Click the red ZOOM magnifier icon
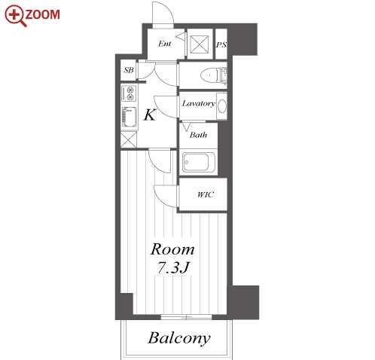(x=14, y=16)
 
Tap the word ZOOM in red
(x=43, y=14)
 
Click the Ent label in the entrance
(x=165, y=44)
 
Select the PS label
(x=221, y=45)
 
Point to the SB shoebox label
(x=129, y=70)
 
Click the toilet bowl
(x=209, y=75)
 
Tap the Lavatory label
(x=198, y=103)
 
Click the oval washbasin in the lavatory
(x=222, y=106)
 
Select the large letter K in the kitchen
(x=150, y=115)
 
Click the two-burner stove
(x=129, y=93)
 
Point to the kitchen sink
(x=130, y=117)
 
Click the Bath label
(x=198, y=135)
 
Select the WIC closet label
(x=206, y=194)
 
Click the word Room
(x=172, y=249)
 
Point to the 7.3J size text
(x=172, y=267)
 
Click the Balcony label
(x=179, y=338)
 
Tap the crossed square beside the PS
(x=200, y=44)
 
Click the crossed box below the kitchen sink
(x=129, y=139)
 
